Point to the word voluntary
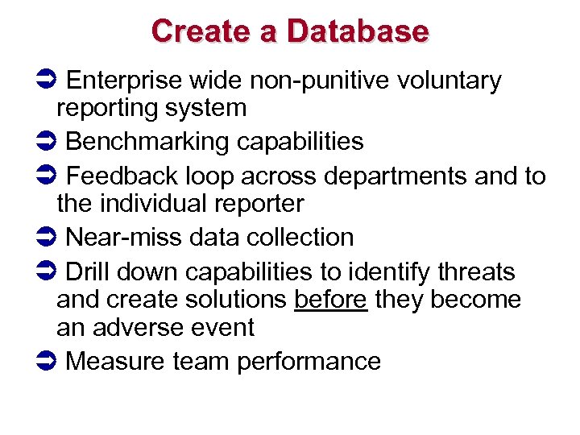click(x=449, y=81)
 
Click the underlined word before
click(x=331, y=300)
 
